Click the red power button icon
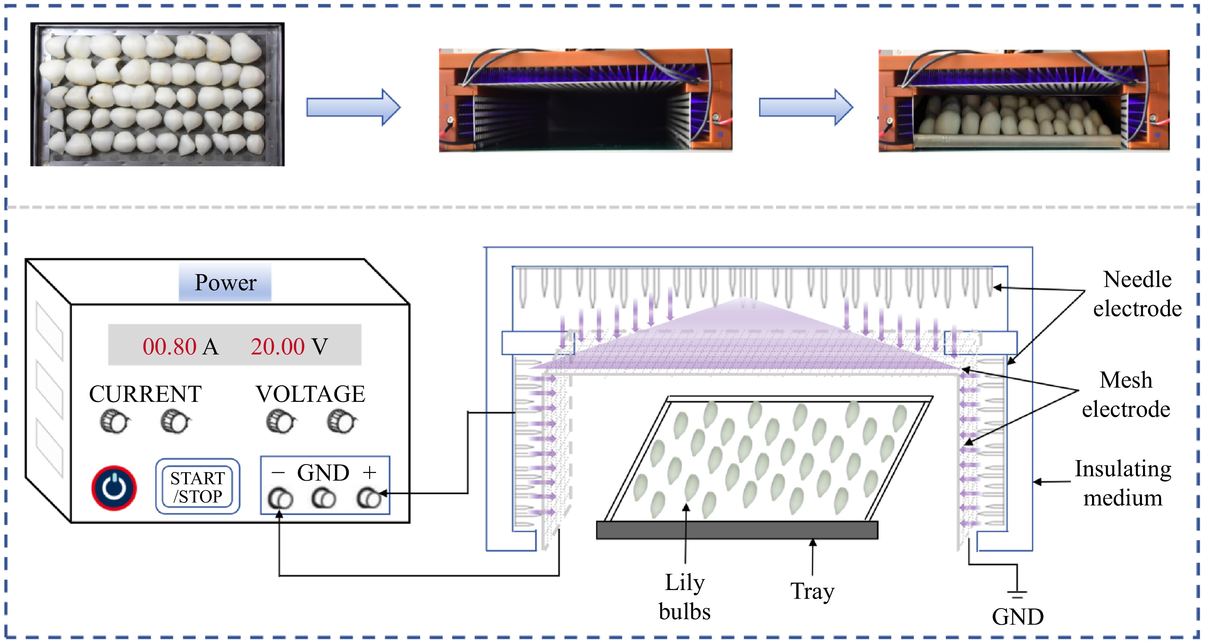[114, 488]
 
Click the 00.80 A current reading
[180, 347]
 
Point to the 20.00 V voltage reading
[289, 347]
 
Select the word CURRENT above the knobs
[145, 394]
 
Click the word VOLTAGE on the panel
[310, 394]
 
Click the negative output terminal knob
[280, 499]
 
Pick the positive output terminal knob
[369, 499]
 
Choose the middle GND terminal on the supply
[324, 499]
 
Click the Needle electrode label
[1137, 294]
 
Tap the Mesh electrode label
[1126, 395]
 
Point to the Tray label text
[812, 591]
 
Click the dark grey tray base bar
[737, 530]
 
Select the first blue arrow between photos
[353, 107]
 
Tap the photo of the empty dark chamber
[585, 100]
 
